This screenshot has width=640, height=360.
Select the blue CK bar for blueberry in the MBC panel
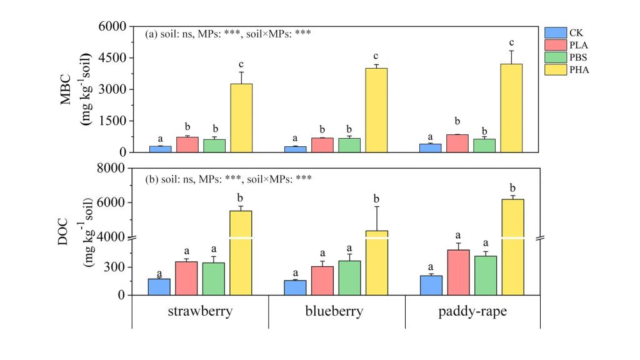tap(295, 149)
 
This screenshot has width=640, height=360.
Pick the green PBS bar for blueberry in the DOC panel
tap(349, 277)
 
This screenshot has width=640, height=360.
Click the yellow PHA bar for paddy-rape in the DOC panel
tap(512, 247)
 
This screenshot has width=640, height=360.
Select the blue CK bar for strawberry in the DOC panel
tap(159, 287)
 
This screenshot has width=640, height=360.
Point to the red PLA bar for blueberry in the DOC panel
tap(322, 281)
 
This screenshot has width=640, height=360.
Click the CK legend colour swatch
tap(555, 32)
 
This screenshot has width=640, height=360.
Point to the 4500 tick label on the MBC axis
tap(110, 58)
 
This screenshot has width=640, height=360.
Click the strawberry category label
tap(200, 311)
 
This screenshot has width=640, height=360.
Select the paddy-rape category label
tap(472, 311)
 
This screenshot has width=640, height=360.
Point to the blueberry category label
tap(336, 311)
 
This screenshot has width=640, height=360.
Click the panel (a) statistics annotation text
tap(228, 34)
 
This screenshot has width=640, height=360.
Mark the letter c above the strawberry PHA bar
tap(241, 63)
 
